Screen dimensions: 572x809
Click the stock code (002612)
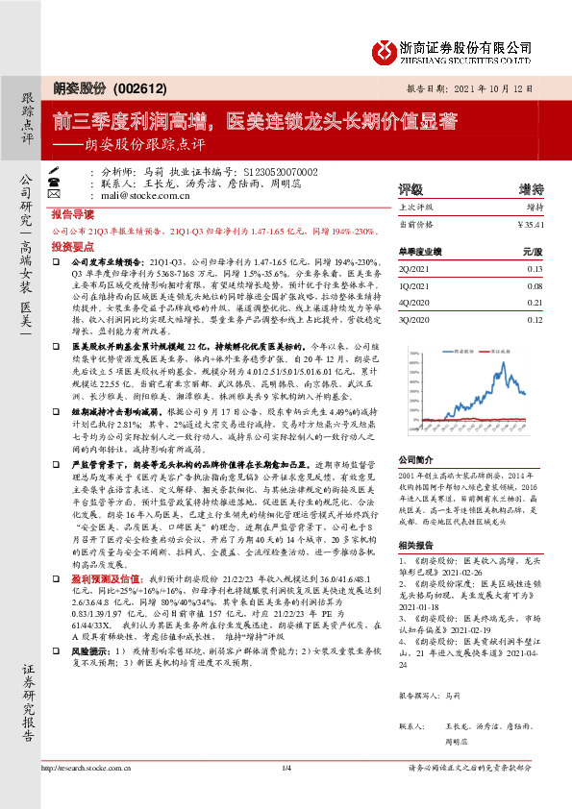131,86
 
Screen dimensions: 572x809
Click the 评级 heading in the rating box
410,189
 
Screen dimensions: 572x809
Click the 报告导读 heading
72,215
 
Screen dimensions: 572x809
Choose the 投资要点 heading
72,247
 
